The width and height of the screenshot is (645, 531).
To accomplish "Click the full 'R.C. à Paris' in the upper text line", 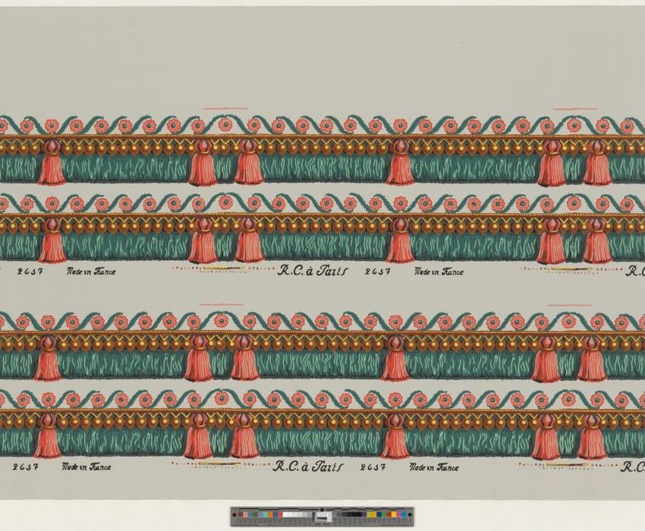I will [x=310, y=271].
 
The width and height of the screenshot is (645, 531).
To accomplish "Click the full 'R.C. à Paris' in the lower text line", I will [x=307, y=467].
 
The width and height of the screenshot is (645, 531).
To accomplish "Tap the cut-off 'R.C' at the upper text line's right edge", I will [x=635, y=271].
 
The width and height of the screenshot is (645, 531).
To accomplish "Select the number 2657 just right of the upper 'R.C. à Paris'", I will [x=377, y=271].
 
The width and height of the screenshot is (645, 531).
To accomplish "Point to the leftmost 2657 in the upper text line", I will [x=29, y=271].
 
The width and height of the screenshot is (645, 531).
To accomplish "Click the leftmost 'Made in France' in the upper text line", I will [x=91, y=271].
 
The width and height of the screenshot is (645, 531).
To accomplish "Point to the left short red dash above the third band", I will [x=204, y=305].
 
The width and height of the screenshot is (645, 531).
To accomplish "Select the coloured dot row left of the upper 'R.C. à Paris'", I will [x=220, y=269].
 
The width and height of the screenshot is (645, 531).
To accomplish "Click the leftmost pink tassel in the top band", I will [x=52, y=163].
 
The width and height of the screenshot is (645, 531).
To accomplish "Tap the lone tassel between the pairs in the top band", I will [x=401, y=163].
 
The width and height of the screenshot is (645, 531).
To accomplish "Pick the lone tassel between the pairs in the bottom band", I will [x=395, y=438].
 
